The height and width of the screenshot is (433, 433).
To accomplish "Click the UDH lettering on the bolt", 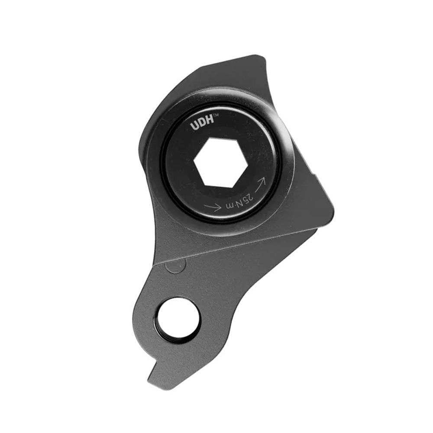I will [201, 125].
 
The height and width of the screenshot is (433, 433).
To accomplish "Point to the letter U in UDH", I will [194, 126].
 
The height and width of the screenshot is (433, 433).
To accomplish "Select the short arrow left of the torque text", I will [213, 207].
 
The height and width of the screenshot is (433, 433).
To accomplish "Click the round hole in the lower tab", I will [179, 321].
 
